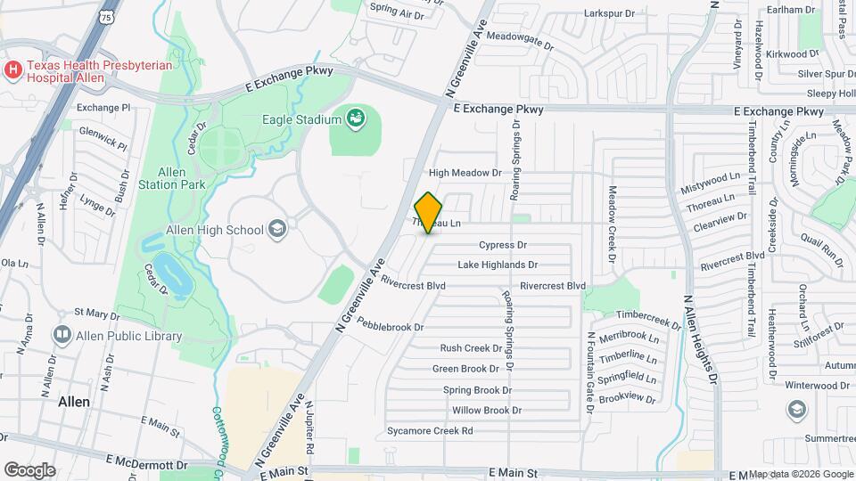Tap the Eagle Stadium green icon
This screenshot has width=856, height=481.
tap(356, 118)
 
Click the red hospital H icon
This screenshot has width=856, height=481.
tap(13, 69)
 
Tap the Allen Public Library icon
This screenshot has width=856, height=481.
tap(62, 336)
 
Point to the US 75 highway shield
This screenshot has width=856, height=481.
tap(107, 17)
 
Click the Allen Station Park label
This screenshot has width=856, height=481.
tap(172, 178)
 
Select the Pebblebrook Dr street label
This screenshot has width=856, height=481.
tap(391, 327)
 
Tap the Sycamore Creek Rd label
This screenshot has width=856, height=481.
tap(429, 431)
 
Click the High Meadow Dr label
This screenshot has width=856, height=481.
tap(465, 173)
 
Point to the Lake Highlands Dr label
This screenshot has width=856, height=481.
tap(498, 265)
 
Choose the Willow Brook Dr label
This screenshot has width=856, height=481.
tap(486, 411)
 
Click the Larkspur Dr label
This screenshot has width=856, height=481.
tap(608, 13)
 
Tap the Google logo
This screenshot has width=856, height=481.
tap(29, 469)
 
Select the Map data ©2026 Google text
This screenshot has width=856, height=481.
tap(800, 474)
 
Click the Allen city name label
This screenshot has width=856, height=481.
tap(73, 402)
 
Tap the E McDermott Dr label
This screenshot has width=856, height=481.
tap(144, 464)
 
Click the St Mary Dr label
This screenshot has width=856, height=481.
tap(96, 314)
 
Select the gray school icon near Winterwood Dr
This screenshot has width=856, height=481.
tap(794, 409)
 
